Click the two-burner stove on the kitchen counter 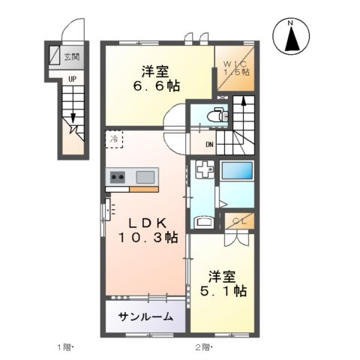click(118, 177)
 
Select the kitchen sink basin click(145, 177)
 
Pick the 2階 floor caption click(203, 347)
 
